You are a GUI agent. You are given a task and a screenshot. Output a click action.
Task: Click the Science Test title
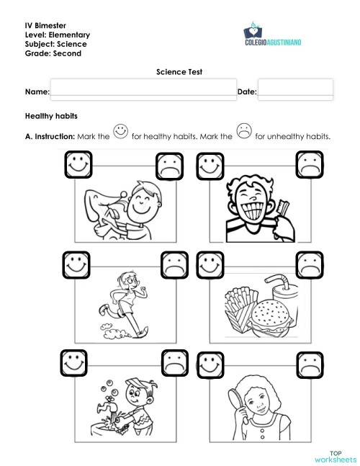tap(179, 72)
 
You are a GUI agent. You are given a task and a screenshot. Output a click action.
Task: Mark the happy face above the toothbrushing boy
tap(210, 164)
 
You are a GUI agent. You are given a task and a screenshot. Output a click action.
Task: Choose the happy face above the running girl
tap(75, 264)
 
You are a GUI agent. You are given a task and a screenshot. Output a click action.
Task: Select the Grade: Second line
tap(53, 53)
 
